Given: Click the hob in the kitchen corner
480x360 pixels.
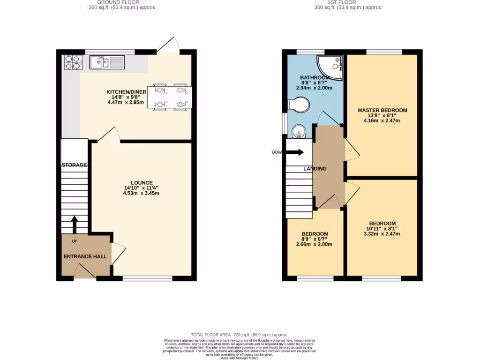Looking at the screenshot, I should point(72,62).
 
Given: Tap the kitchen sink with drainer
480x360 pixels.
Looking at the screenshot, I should point(107,62).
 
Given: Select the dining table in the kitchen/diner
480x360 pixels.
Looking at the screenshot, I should point(169,97).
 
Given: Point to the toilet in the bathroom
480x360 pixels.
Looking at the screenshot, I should point(298,105).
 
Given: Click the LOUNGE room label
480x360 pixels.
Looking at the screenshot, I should point(142,183).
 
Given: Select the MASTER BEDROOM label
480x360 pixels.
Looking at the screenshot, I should point(382,111).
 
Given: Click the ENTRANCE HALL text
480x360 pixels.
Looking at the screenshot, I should point(85,257).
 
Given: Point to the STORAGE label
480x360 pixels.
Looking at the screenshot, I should point(75,165).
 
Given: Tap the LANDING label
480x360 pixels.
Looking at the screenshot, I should point(315,169).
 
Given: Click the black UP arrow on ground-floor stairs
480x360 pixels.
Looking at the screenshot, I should point(74,224).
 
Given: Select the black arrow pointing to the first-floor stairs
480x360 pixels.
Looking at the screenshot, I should point(294,152).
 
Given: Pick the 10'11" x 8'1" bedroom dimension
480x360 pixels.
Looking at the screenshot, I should point(382,229).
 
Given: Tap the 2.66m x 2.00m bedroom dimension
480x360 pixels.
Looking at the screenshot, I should point(314,244).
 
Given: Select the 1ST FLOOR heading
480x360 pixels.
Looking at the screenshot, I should point(348,2).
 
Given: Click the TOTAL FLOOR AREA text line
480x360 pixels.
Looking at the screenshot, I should point(240,335).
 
